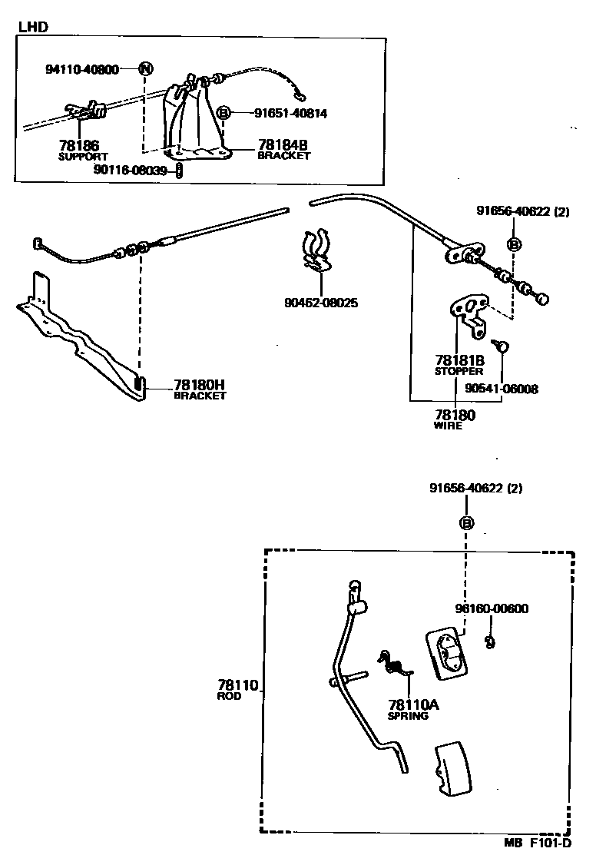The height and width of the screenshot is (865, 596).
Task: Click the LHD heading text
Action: coord(33,27)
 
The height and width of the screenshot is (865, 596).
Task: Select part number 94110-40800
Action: coord(82,69)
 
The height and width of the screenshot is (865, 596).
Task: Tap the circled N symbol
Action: coord(146,69)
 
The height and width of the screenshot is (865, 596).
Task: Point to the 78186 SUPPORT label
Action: coord(84,149)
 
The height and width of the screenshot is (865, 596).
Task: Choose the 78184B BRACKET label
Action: coord(283,148)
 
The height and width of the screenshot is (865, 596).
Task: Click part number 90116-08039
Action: coord(130,170)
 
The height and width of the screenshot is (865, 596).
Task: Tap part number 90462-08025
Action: coord(320,303)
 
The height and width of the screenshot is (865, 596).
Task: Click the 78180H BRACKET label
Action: coord(200,389)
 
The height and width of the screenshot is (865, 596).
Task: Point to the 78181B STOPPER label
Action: coord(459,364)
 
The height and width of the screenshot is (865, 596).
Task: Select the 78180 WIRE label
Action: coord(455,419)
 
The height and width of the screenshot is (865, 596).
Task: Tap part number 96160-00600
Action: coord(492,608)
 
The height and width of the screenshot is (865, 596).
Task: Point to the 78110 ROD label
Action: coord(236,689)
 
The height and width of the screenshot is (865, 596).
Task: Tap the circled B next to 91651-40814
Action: coord(223,113)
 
